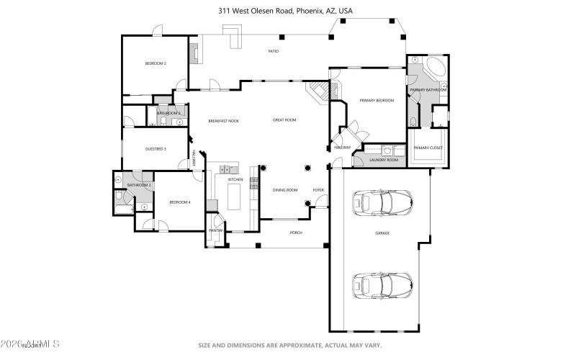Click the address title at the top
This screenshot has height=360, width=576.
click(286, 11)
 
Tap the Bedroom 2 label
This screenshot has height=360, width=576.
click(156, 64)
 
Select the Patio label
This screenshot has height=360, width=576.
click(274, 51)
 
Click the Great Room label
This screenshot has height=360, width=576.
click(284, 120)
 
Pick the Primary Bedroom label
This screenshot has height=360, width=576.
click(377, 101)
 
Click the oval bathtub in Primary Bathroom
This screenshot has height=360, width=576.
click(434, 71)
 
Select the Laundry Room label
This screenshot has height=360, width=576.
click(384, 160)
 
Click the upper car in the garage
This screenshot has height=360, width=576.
click(382, 203)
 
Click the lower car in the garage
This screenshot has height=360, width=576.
click(382, 285)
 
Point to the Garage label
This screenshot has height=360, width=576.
click(382, 233)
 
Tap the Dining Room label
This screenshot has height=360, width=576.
click(284, 190)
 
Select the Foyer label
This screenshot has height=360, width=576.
click(318, 190)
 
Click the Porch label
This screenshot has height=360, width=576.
click(296, 233)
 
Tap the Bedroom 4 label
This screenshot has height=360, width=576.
click(180, 202)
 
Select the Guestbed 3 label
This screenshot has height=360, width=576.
click(156, 149)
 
